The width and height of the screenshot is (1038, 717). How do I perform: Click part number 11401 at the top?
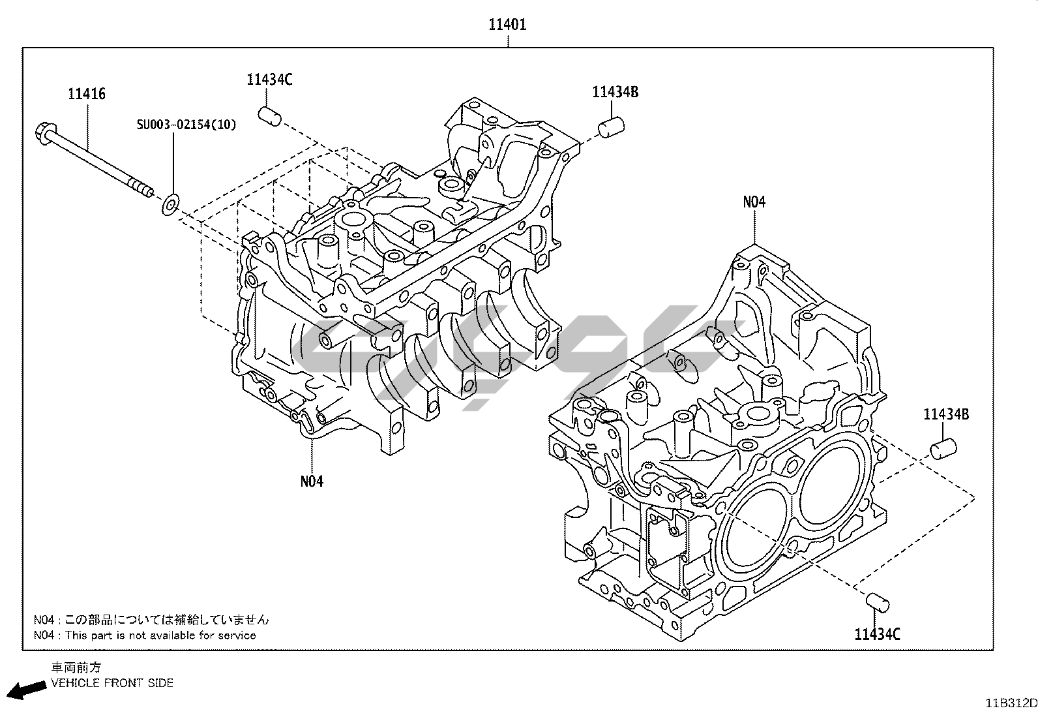point(508,25)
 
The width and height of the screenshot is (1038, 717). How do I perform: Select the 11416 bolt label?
point(87,94)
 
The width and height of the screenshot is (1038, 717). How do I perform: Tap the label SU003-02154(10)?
point(186,125)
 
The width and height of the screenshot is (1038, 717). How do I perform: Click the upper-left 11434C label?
point(269,80)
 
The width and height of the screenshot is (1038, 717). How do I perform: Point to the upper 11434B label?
point(615,92)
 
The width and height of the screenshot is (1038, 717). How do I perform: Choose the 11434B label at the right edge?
point(945,414)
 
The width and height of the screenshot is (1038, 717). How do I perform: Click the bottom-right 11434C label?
point(877,633)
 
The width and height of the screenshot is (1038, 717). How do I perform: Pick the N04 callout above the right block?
point(754,202)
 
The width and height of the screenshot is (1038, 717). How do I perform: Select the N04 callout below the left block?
point(312,481)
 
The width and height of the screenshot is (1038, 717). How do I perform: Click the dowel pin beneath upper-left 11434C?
point(269,116)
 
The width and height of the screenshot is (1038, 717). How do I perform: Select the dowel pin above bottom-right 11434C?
point(877,603)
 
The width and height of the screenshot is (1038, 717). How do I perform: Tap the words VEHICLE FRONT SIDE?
point(112,683)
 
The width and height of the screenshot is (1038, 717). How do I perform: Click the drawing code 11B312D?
point(1011,703)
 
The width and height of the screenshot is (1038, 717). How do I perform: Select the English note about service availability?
point(145,635)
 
